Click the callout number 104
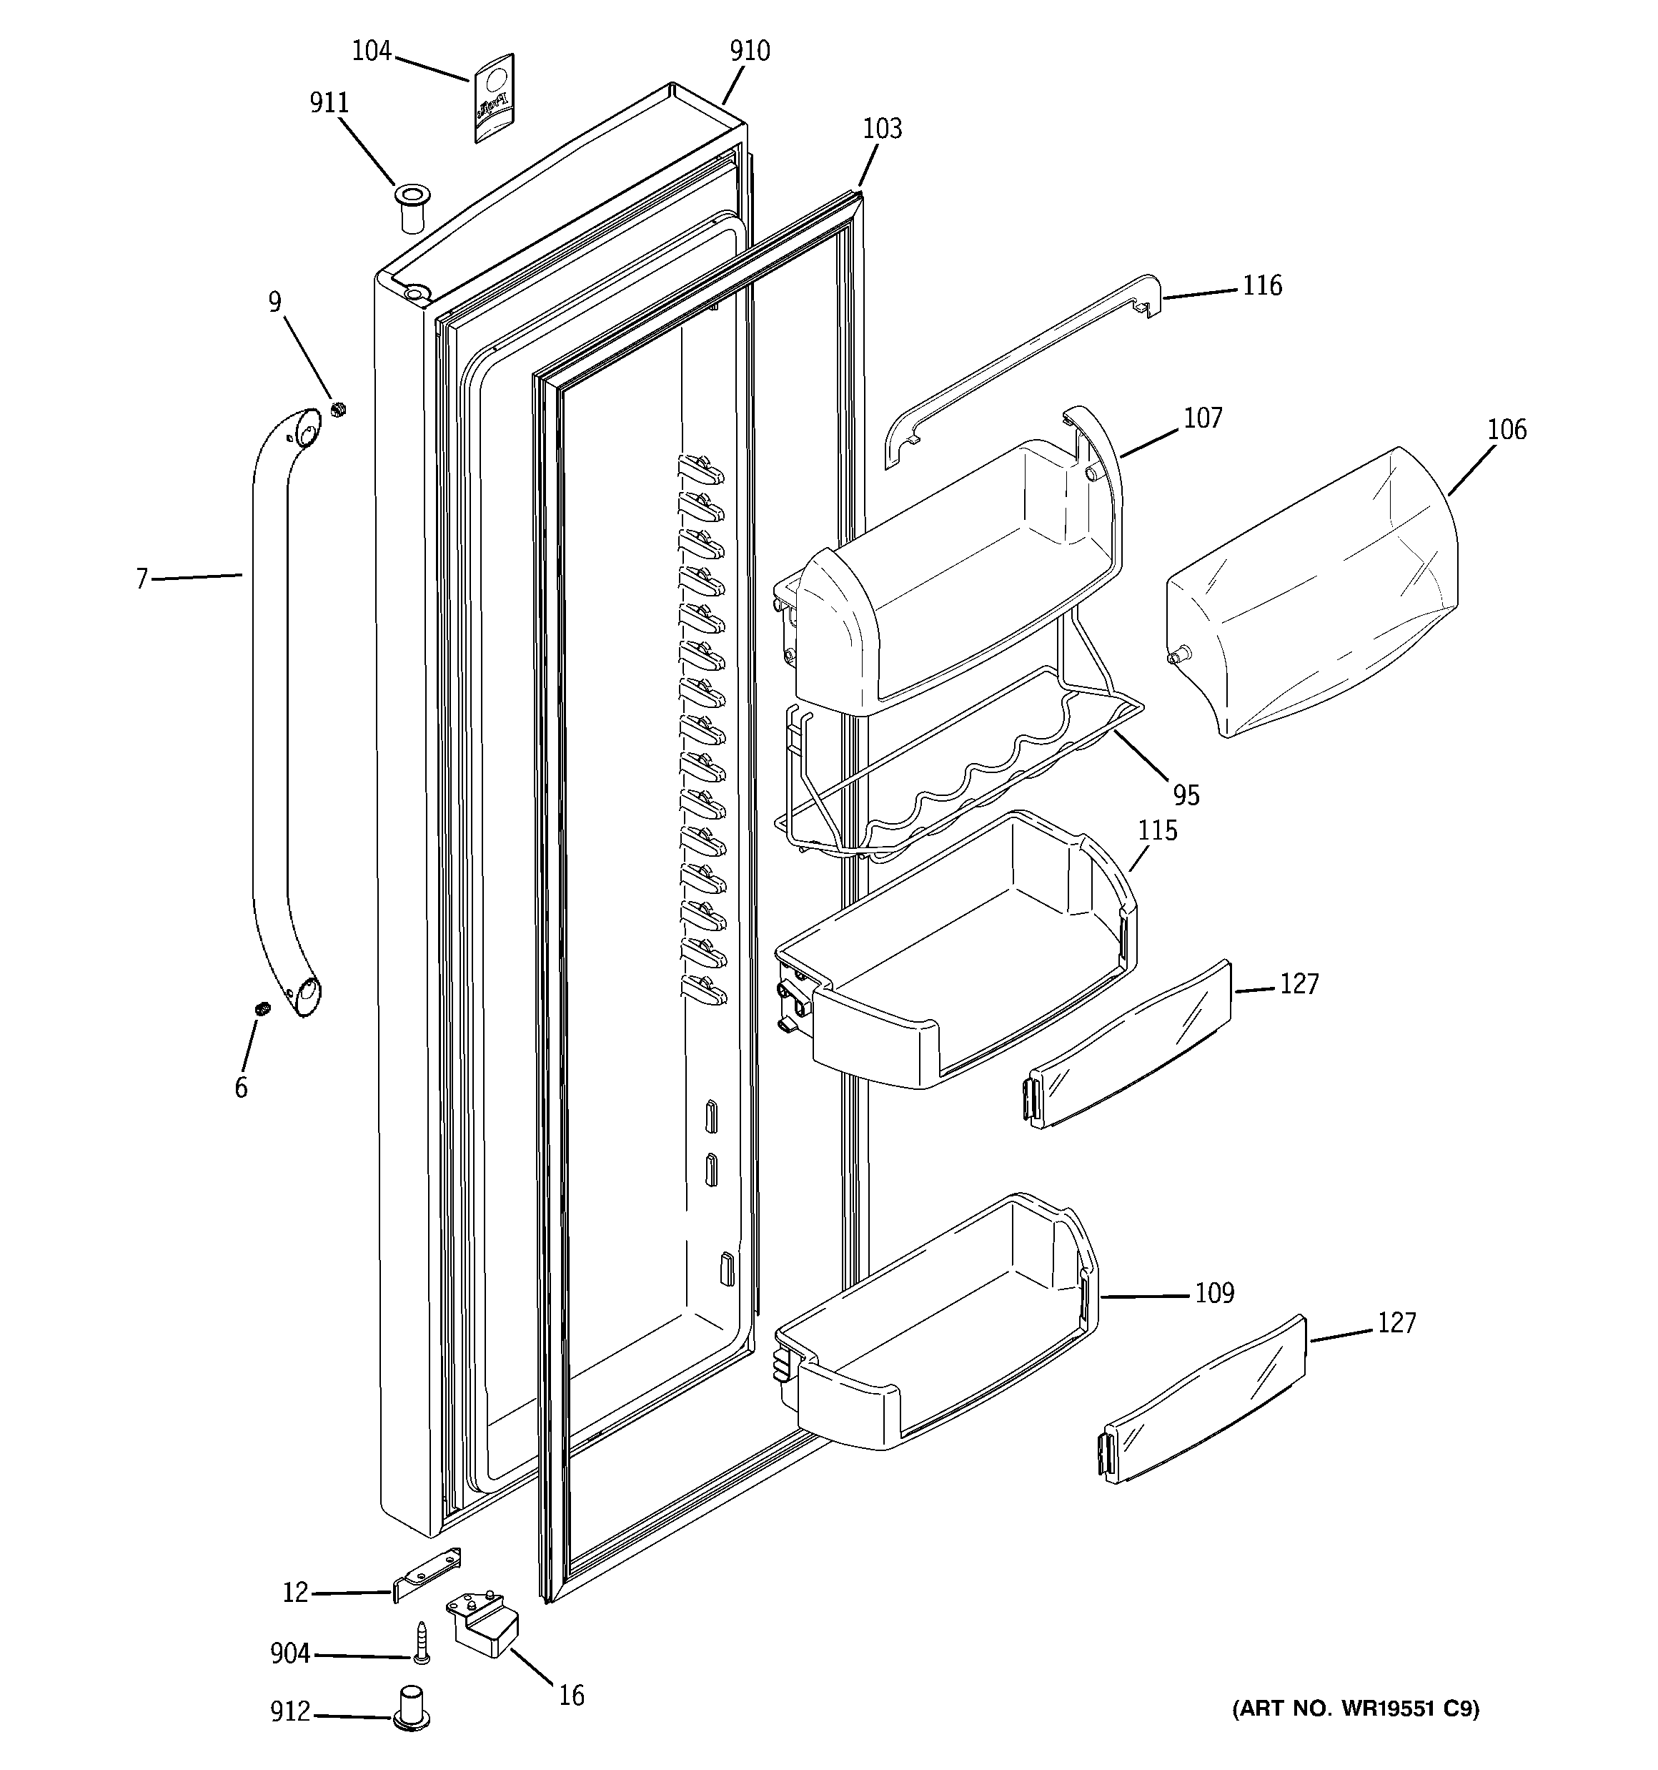[371, 51]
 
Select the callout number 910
[750, 51]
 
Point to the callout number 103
[882, 129]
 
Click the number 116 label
[1261, 286]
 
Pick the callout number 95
[1186, 795]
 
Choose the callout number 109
[1214, 1293]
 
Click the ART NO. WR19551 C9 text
[1354, 1708]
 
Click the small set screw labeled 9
[338, 410]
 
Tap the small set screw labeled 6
[262, 1009]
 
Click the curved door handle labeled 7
[269, 712]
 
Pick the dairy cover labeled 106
[1313, 592]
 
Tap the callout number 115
[1157, 831]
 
